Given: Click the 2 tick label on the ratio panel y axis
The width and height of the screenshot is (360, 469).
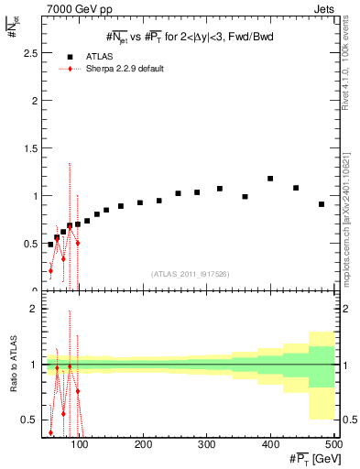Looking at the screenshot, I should [x=34, y=309].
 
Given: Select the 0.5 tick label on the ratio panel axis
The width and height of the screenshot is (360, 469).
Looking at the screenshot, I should [x=29, y=420].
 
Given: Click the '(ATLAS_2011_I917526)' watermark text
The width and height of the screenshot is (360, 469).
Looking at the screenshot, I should [x=189, y=274].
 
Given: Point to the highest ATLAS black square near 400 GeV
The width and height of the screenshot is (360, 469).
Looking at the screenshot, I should [x=270, y=179].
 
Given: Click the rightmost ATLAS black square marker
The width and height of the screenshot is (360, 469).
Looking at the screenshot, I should [x=322, y=204].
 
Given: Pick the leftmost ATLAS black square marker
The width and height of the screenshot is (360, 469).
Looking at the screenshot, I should [x=50, y=245].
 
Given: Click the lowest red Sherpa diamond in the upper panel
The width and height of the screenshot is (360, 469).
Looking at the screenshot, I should [x=50, y=270].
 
